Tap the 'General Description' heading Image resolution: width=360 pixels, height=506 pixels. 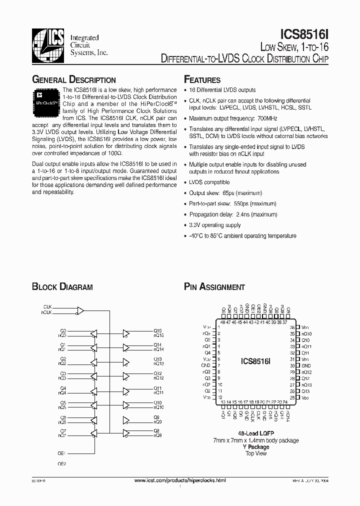tap(74, 80)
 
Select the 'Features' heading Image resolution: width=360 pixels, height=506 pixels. tap(202, 80)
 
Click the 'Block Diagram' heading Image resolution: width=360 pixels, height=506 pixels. tap(62, 287)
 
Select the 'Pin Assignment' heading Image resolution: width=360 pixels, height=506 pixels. tap(214, 287)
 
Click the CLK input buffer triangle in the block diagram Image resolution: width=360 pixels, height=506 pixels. tap(80, 310)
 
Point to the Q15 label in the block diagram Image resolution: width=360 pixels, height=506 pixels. tap(157, 330)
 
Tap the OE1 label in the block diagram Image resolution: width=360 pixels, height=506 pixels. tap(62, 453)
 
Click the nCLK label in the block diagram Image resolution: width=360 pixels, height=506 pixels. tap(46, 312)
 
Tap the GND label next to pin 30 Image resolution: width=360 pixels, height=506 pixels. tap(306, 365)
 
